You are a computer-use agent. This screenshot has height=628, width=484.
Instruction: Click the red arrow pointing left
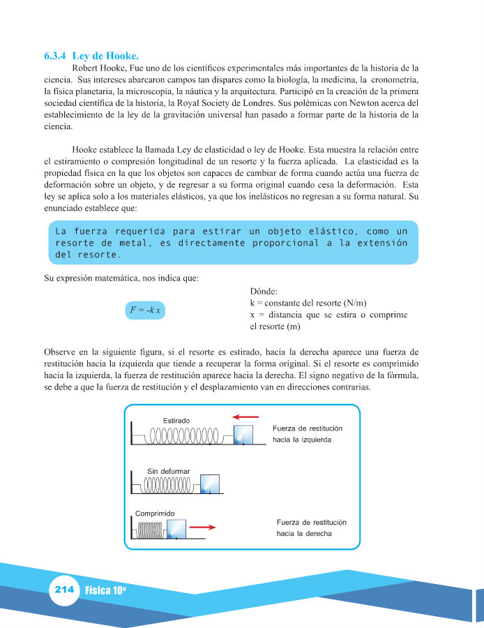245,417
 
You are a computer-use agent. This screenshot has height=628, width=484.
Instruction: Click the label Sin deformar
167,471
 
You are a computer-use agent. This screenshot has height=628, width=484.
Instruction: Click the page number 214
63,590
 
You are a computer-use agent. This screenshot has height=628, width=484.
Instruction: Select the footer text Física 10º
105,590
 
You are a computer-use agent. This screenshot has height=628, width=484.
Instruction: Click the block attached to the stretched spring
242,435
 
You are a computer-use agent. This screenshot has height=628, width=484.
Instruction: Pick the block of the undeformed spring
209,484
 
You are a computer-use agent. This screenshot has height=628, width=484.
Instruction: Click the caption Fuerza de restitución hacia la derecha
311,528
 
